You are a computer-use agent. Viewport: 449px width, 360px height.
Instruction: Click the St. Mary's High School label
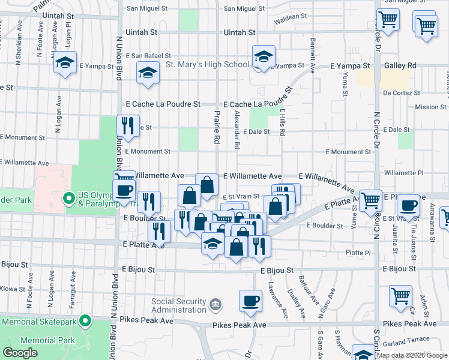[207, 65]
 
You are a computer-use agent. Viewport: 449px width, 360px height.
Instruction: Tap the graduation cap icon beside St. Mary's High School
[262, 58]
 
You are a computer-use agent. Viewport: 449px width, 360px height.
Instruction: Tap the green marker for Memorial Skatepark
[86, 322]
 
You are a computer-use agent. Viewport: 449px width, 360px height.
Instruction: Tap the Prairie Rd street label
[215, 127]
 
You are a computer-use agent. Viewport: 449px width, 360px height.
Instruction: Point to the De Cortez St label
[399, 93]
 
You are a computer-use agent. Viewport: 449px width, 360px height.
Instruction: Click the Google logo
[20, 353]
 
